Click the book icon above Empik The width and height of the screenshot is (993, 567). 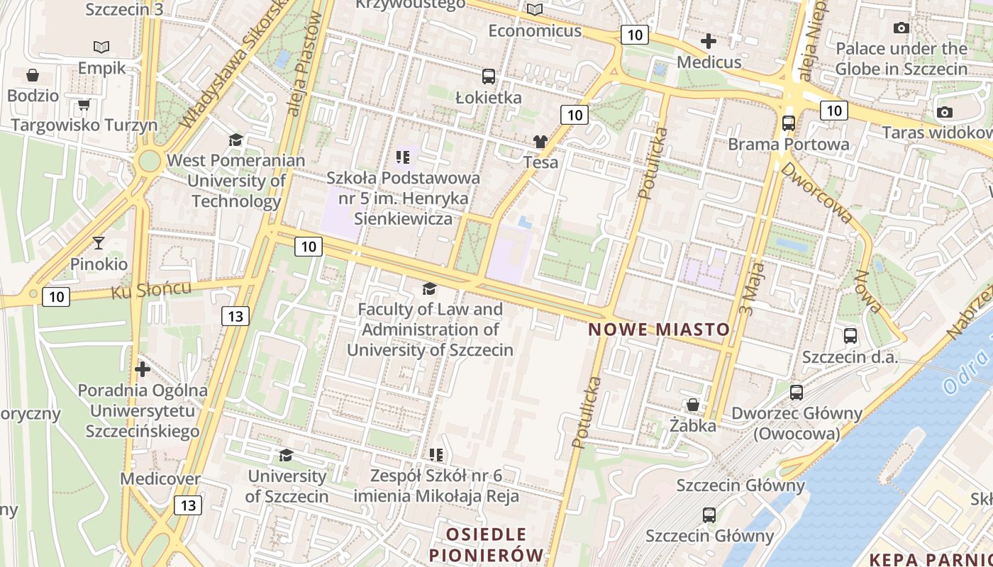coord(101,47)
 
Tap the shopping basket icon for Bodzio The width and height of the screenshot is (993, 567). coord(33,74)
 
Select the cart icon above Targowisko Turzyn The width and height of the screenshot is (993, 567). coord(84,105)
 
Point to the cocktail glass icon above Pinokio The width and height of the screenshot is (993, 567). coord(99,243)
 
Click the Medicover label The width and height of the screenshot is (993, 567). coord(160,478)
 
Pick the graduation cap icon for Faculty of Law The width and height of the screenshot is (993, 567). coord(429,288)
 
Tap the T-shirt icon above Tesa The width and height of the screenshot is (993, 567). coord(540,141)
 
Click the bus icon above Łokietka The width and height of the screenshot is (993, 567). coord(488,77)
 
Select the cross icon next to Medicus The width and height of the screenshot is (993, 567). coord(708,41)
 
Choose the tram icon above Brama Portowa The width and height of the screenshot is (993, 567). coord(788,123)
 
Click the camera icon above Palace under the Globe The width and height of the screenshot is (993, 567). coord(902,28)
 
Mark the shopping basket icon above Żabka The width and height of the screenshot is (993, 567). coord(692,405)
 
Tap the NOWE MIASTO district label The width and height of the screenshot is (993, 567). coord(659,330)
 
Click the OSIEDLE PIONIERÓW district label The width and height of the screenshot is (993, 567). coord(487,544)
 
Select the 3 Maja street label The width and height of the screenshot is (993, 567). coord(756,288)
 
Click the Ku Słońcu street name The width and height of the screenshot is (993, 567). coord(151,290)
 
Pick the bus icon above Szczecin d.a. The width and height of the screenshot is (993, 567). coord(850,335)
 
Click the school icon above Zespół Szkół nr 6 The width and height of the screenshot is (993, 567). coord(436,454)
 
